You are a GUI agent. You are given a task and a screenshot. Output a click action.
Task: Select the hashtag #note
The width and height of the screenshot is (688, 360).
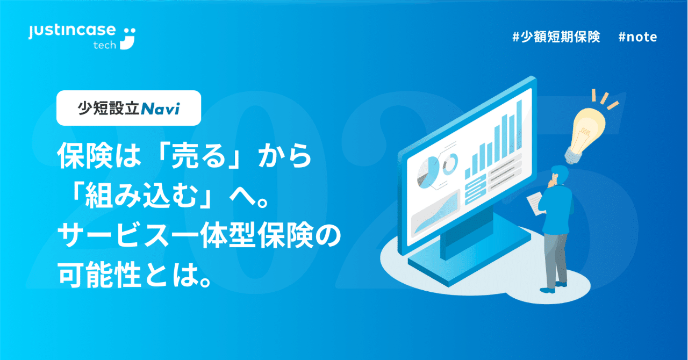637,37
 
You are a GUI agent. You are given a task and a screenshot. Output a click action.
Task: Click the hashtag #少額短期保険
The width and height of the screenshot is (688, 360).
556,37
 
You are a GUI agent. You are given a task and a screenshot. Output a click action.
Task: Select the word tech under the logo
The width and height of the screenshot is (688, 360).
104,45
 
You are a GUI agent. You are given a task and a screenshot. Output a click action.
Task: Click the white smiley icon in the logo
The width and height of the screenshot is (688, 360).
128,38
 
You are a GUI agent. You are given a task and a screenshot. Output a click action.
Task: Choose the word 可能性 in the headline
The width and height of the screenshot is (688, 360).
103,273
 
